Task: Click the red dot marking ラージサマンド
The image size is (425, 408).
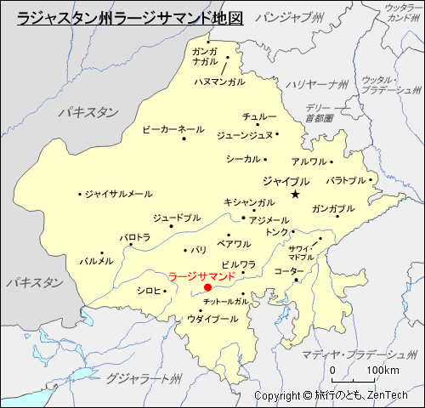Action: pos(207,288)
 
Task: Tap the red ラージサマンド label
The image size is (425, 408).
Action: pos(201,276)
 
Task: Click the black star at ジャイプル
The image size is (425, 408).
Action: pos(295,195)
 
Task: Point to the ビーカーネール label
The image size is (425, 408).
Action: pos(173,129)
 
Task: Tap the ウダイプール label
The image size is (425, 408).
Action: pos(212,319)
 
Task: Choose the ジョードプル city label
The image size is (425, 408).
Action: pos(178,218)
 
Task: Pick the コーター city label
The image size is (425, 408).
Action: pos(289,271)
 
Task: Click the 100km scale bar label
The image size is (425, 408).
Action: pos(382,371)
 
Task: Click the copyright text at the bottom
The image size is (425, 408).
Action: pos(331,395)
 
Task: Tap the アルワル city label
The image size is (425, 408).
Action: pos(309,161)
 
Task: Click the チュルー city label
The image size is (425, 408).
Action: pos(259,116)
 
